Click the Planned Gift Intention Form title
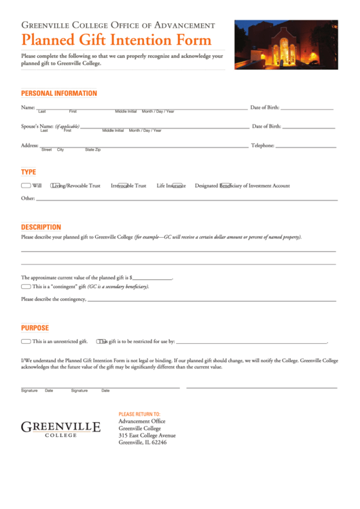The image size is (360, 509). [116, 39]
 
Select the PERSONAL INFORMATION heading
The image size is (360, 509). [59, 94]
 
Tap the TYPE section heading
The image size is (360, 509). [29, 172]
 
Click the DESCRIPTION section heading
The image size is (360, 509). [41, 227]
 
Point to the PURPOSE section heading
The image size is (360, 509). [35, 328]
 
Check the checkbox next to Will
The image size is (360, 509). [26, 186]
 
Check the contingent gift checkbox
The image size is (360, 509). [26, 287]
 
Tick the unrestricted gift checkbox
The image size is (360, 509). [26, 341]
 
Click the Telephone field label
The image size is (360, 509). [262, 145]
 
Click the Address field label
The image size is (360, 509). [29, 145]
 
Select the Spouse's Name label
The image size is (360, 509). [37, 126]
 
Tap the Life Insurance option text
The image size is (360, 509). [171, 186]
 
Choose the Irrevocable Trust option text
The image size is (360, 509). [128, 186]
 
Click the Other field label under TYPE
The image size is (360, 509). [28, 198]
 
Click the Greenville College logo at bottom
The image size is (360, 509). [60, 429]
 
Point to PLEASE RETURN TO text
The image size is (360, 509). [139, 414]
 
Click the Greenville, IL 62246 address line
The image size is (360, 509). [142, 442]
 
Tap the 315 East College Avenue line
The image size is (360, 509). [147, 436]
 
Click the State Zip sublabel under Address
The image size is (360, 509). [92, 150]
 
